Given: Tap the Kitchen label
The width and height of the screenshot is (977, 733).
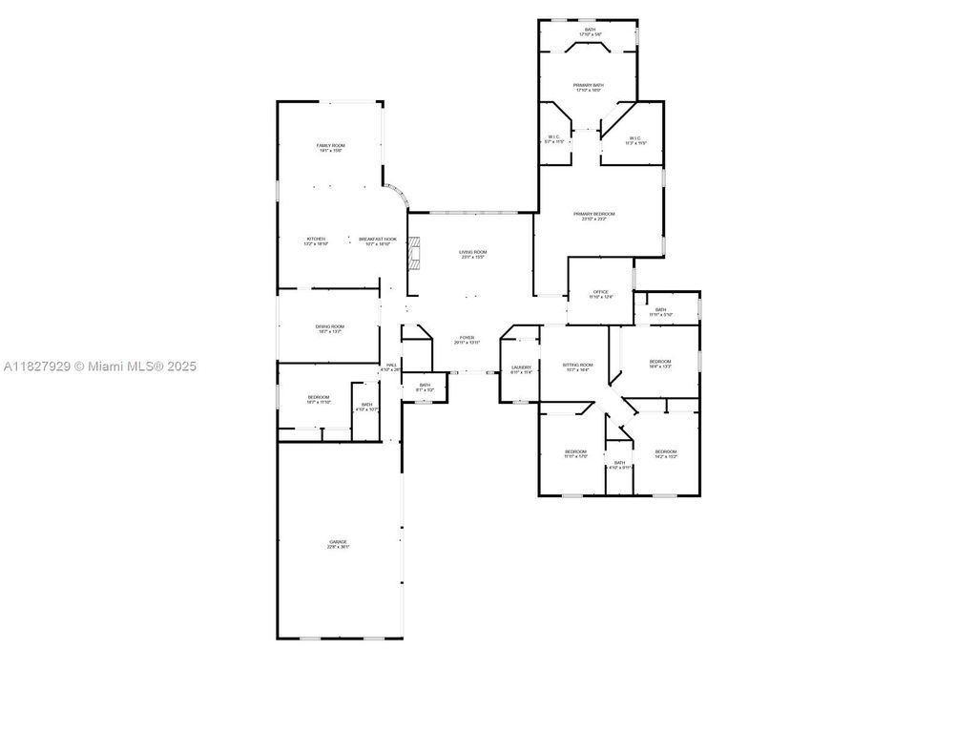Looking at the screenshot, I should click(316, 241).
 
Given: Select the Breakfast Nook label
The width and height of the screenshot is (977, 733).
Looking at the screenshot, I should click(377, 241).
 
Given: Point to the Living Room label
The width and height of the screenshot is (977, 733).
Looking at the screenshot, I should click(472, 254).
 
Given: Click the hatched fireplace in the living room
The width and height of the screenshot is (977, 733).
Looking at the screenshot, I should click(413, 254).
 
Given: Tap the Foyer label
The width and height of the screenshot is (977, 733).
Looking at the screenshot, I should click(467, 340).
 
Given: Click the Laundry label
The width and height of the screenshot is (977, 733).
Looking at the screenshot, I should click(521, 369).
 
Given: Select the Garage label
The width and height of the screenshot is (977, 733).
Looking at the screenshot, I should click(339, 544).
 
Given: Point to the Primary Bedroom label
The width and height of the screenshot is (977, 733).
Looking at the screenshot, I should click(593, 216).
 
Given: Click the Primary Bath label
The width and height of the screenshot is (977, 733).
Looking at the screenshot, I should click(588, 88).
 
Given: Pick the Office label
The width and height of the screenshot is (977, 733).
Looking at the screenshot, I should click(600, 294).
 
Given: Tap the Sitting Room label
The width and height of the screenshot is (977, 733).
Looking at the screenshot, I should click(578, 367).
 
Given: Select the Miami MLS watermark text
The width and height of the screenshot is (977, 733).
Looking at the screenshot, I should click(99, 366).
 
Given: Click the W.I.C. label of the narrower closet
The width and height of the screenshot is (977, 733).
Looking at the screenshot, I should click(554, 139).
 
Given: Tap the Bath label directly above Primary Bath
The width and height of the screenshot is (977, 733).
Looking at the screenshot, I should click(590, 31).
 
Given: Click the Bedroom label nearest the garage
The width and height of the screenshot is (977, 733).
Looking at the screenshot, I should click(318, 399).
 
